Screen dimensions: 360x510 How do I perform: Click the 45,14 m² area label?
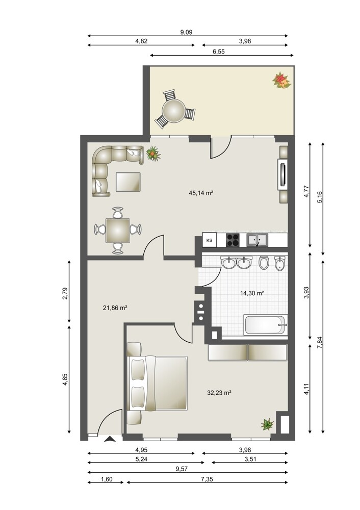tap(200, 193)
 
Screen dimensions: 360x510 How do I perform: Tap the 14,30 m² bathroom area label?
tap(252, 293)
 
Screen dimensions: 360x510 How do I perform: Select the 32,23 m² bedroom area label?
tap(219, 393)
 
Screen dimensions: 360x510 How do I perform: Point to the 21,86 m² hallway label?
tap(115, 308)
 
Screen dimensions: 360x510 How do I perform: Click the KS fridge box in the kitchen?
tap(210, 240)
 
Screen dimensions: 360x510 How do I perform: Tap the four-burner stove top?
tap(233, 240)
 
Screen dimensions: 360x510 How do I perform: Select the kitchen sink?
tap(257, 240)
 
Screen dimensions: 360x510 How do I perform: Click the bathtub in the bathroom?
tap(265, 324)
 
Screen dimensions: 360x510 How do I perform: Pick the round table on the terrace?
tap(174, 111)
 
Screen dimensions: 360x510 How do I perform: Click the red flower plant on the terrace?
tap(281, 81)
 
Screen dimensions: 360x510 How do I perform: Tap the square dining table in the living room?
tap(118, 231)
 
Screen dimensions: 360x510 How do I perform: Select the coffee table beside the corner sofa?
tap(128, 182)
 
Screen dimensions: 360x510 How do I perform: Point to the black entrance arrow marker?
tap(110, 439)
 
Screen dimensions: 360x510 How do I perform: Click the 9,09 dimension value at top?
tap(186, 32)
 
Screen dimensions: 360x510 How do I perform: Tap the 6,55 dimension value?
tap(219, 52)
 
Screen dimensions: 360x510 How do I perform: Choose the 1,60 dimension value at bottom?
tap(107, 479)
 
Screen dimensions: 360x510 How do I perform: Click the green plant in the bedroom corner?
tap(267, 424)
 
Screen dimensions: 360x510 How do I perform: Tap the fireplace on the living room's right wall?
tap(282, 174)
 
